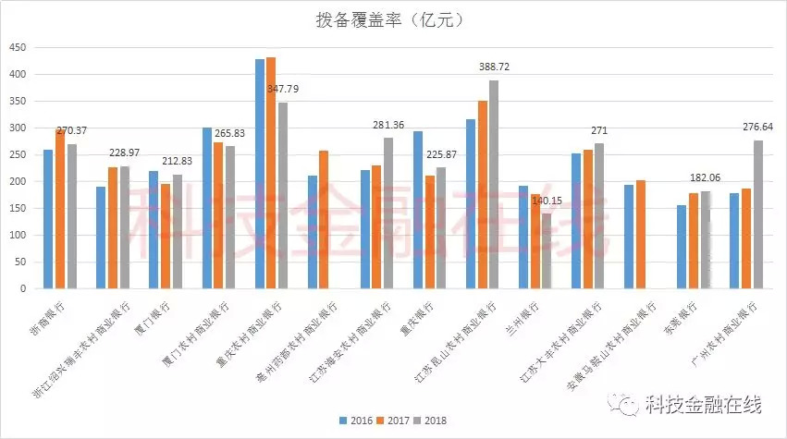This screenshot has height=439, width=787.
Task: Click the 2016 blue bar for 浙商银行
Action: [47, 219]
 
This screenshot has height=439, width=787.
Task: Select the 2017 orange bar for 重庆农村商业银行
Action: [270, 173]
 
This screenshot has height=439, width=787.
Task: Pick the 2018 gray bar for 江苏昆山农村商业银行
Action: [494, 185]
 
